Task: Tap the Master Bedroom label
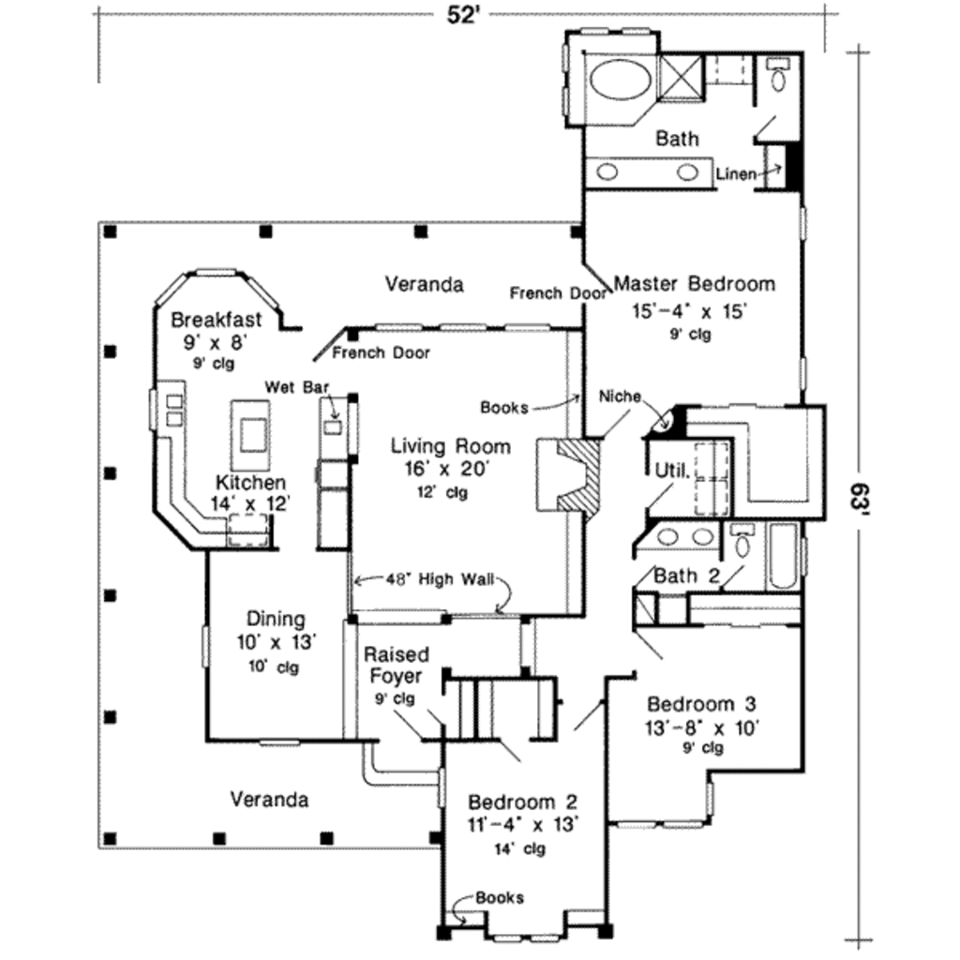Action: [694, 283]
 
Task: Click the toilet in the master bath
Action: [778, 76]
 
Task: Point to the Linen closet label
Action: [735, 174]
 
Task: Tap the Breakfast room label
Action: [217, 321]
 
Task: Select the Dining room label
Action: [275, 619]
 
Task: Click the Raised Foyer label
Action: [397, 665]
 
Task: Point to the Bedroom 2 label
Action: [522, 802]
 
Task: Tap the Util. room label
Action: [672, 470]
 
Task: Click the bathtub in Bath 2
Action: [783, 556]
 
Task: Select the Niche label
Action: [620, 397]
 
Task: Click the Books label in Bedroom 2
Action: [500, 897]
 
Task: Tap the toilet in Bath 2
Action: [742, 543]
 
